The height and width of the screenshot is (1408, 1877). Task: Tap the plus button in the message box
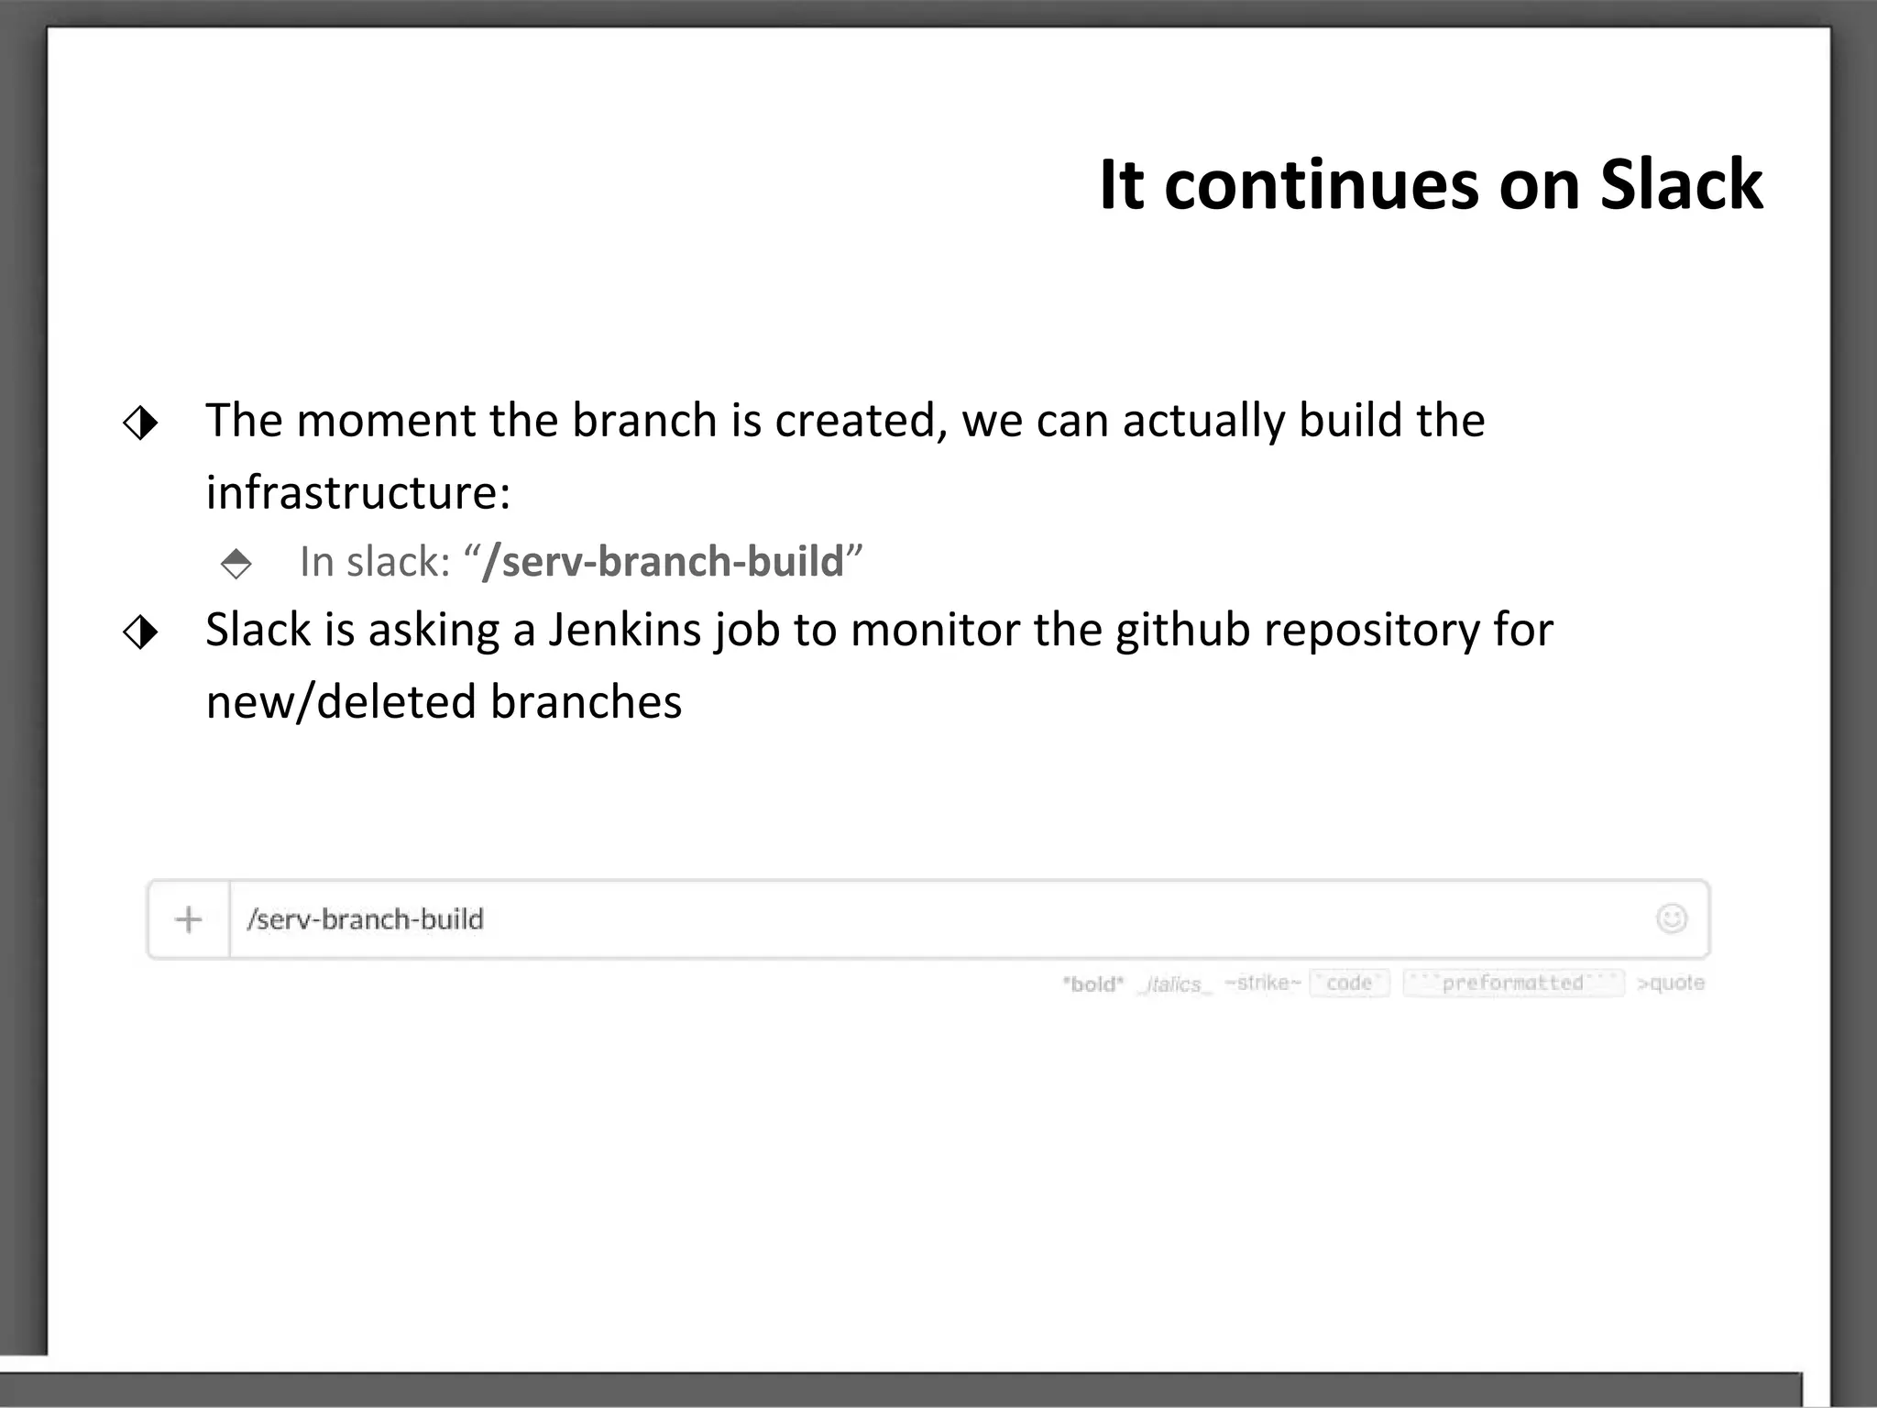(x=188, y=919)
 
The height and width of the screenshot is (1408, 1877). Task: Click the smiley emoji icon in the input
(x=1671, y=918)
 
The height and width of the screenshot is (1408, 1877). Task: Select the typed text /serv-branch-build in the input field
(x=365, y=919)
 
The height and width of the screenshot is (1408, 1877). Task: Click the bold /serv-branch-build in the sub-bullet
(x=663, y=561)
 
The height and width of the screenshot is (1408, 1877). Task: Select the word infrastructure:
(x=357, y=492)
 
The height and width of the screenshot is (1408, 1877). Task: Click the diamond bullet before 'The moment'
(x=140, y=423)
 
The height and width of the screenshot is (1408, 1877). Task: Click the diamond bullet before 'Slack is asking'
(x=140, y=632)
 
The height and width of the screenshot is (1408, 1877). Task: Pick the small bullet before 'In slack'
(x=236, y=563)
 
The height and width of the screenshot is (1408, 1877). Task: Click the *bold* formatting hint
(x=1092, y=984)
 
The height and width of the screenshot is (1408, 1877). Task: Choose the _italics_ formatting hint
(x=1174, y=984)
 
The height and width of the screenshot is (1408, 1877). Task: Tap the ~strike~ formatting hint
(x=1262, y=984)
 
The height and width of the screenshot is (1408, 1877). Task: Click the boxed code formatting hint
(x=1349, y=984)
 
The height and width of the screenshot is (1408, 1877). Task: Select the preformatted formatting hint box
(x=1513, y=984)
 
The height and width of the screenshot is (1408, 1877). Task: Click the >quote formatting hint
(x=1671, y=984)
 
